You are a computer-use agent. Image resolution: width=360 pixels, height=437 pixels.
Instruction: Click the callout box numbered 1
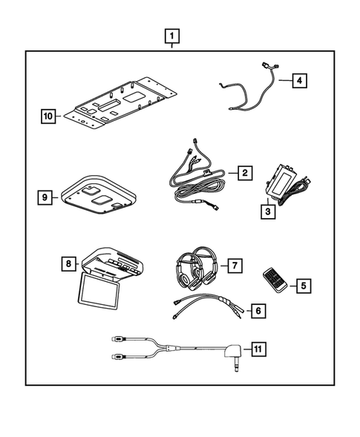pos(172,36)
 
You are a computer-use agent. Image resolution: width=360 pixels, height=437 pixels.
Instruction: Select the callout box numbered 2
pos(243,173)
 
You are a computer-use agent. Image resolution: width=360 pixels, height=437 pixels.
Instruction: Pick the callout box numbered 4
pos(298,81)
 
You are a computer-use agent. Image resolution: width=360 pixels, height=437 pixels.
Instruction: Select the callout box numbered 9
pos(47,197)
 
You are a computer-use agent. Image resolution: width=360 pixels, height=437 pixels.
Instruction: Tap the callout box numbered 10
pos(48,115)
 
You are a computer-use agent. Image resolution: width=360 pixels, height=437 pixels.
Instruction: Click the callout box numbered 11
pos(258,346)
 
